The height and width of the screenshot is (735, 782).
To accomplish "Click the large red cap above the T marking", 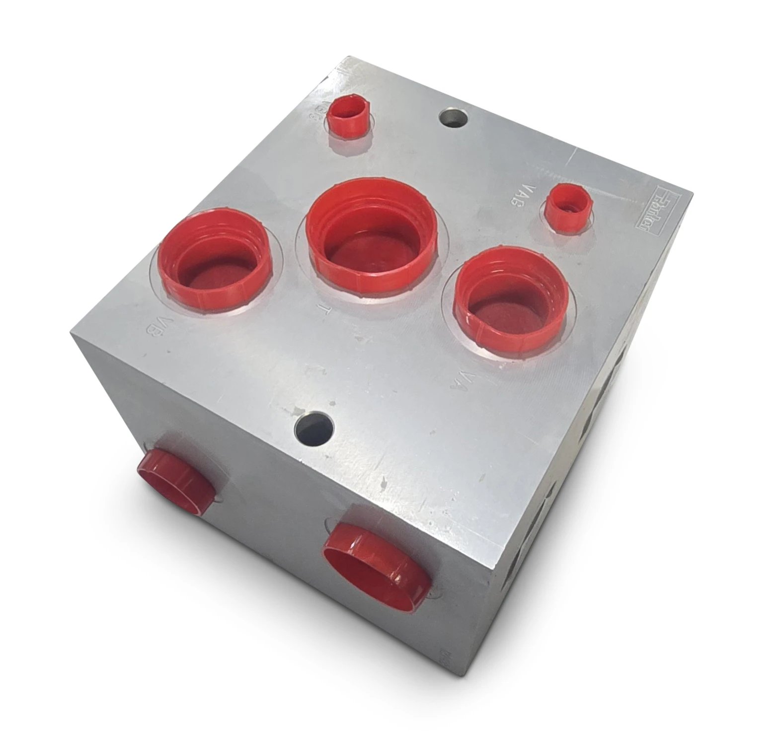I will pyautogui.click(x=372, y=233).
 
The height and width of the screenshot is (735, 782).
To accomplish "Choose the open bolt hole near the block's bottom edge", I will pyautogui.click(x=313, y=429).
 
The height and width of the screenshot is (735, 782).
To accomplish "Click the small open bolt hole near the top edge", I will pyautogui.click(x=455, y=118).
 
